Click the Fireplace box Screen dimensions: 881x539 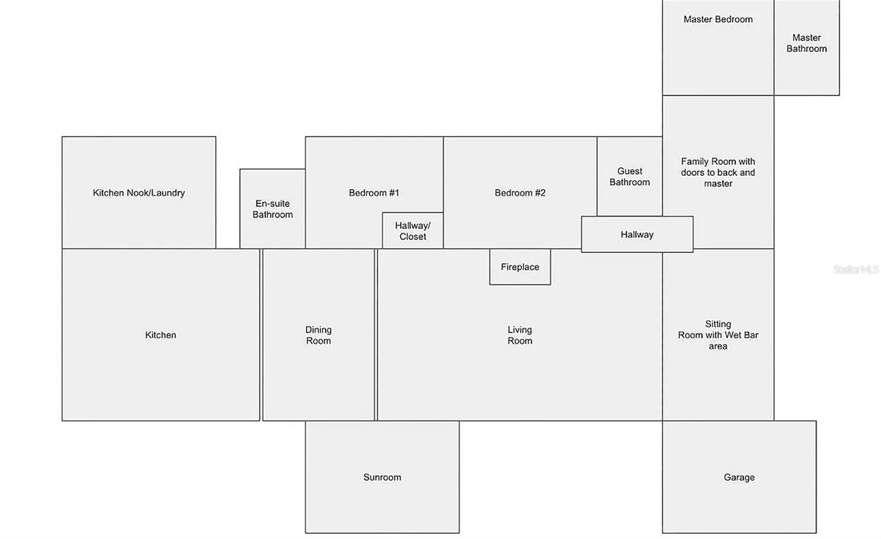(520, 267)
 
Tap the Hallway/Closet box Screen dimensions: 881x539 (412, 231)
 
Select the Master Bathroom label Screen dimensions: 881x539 (806, 44)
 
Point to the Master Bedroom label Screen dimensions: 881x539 (718, 19)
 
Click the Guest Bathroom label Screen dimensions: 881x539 (629, 177)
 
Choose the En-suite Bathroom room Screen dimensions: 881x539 (273, 209)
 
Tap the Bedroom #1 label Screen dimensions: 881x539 (374, 193)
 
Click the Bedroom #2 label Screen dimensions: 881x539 (520, 193)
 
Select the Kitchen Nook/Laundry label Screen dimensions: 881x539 (138, 193)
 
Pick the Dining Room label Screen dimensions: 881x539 (318, 335)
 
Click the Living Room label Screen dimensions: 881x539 (520, 335)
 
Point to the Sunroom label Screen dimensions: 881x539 (382, 477)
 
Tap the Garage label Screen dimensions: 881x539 (739, 477)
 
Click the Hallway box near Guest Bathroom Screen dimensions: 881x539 (637, 234)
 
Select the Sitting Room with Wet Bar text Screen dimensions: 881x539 (718, 335)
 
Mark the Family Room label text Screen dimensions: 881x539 (718, 173)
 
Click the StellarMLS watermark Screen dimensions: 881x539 (856, 269)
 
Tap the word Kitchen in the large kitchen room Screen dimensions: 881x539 (160, 335)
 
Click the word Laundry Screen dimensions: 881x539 (168, 193)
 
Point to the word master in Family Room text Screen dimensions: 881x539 (718, 184)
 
